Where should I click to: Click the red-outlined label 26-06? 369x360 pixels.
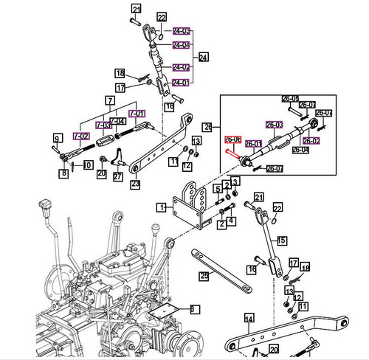(233, 139)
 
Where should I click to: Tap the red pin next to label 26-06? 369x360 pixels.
(236, 153)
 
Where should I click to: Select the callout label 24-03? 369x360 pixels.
(181, 32)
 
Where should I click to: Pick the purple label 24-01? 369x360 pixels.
(181, 82)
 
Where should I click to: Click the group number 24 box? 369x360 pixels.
(204, 57)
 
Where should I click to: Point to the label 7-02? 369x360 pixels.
(80, 136)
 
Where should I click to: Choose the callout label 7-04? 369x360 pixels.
(117, 120)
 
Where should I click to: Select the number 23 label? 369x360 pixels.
(135, 184)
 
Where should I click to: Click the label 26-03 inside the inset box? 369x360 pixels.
(275, 125)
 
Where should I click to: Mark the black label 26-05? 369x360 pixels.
(289, 99)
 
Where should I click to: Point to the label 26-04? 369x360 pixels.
(301, 150)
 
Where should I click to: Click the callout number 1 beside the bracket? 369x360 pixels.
(160, 208)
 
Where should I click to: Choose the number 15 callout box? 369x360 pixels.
(280, 239)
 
